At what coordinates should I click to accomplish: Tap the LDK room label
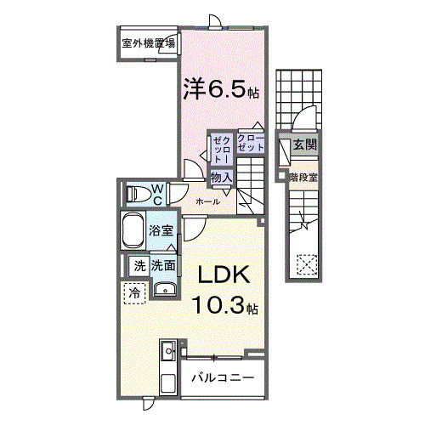(224, 275)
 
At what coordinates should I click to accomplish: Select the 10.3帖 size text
(224, 303)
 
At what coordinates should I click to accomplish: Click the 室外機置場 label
(149, 42)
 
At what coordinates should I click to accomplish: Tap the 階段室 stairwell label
(303, 178)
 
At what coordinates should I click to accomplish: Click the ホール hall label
(208, 201)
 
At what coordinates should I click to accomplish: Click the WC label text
(157, 194)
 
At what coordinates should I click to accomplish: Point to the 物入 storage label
(222, 177)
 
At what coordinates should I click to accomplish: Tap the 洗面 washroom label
(164, 265)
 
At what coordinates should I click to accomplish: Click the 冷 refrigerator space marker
(134, 293)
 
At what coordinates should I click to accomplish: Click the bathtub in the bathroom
(133, 230)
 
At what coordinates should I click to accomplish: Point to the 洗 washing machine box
(138, 265)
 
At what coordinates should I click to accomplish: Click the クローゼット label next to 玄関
(250, 143)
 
